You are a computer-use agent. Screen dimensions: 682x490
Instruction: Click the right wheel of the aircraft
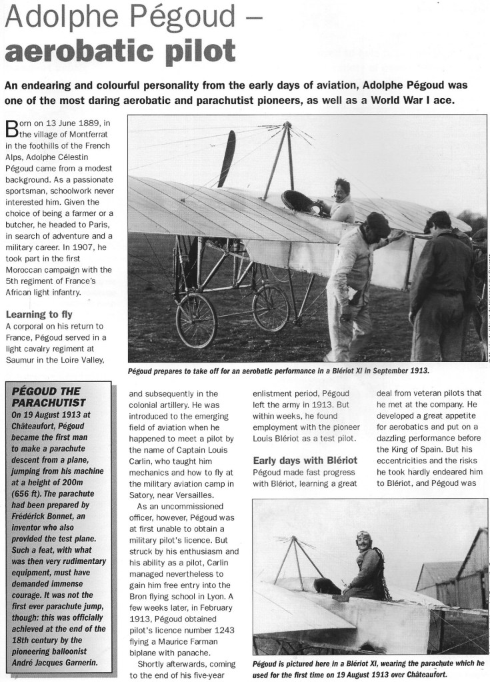click(x=271, y=308)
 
